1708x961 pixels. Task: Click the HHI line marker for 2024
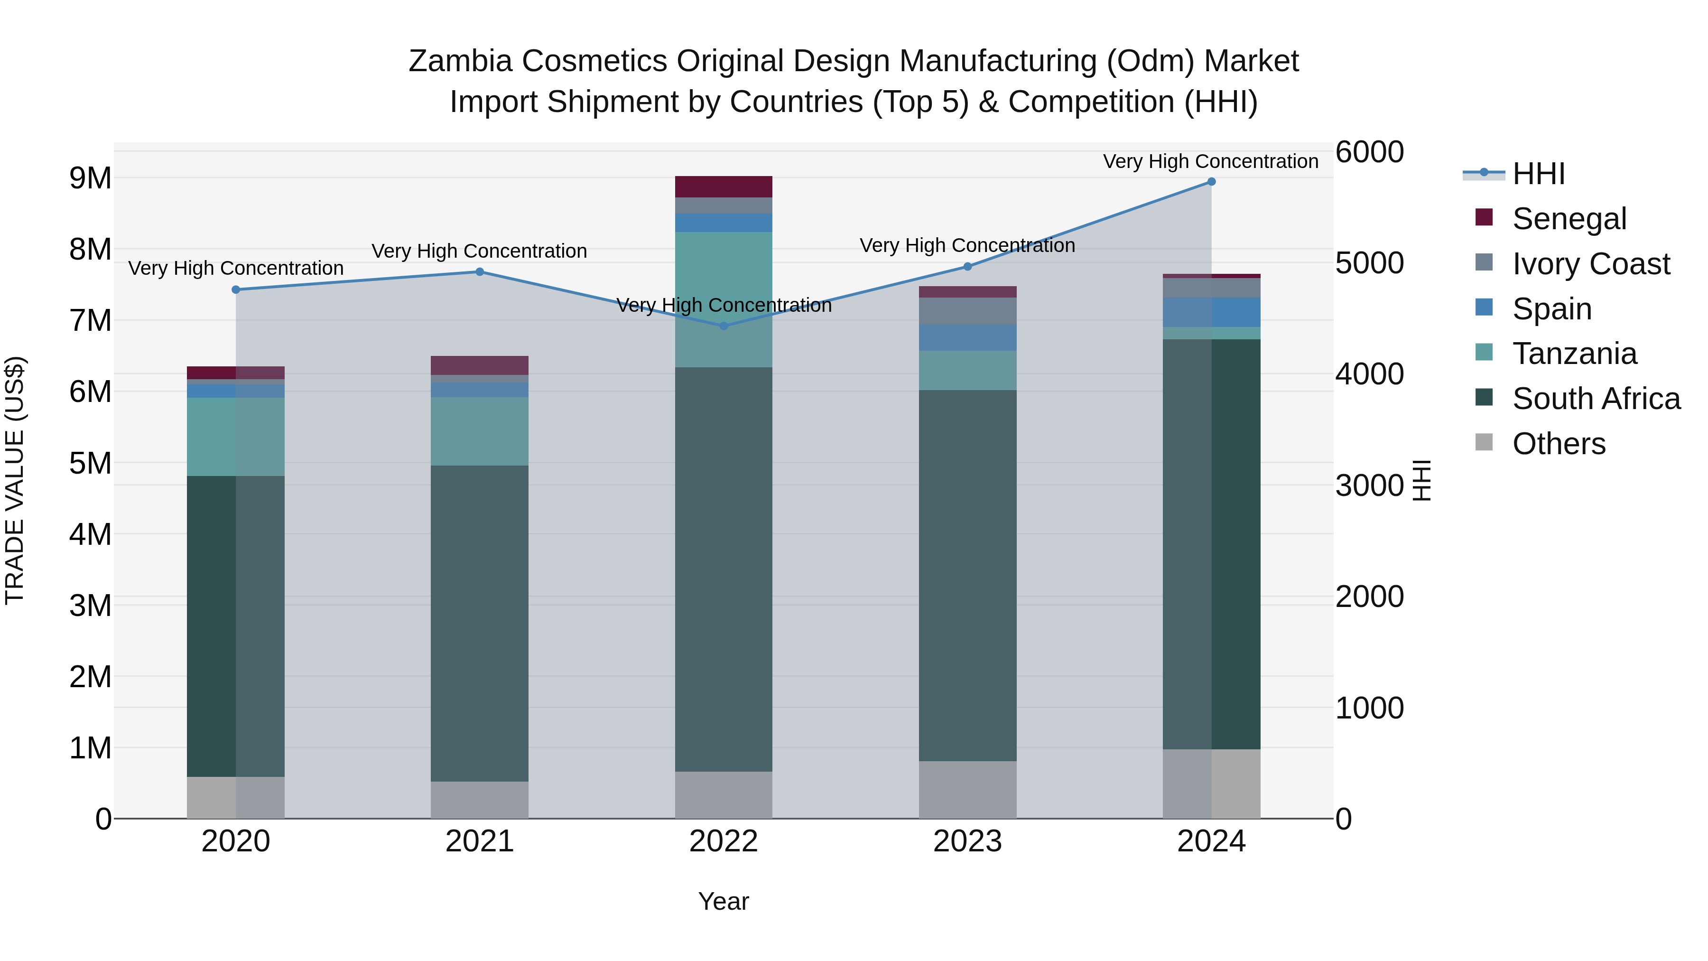pos(1211,182)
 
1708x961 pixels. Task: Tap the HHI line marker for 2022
pos(724,326)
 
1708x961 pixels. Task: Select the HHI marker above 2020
pos(236,290)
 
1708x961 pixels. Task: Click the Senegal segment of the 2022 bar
pos(724,187)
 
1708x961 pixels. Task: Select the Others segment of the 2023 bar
pos(967,789)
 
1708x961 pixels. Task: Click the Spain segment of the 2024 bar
pos(1211,312)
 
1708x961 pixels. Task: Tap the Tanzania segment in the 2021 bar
pos(479,431)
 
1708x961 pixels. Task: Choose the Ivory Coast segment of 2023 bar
pos(967,311)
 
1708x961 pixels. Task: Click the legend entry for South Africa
pos(1596,399)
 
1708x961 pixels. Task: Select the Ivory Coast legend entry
pos(1591,264)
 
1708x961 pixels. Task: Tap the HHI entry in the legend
pos(1538,174)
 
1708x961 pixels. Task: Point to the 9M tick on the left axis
pos(91,178)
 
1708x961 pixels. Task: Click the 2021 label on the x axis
pos(479,841)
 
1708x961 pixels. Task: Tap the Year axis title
pos(724,901)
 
